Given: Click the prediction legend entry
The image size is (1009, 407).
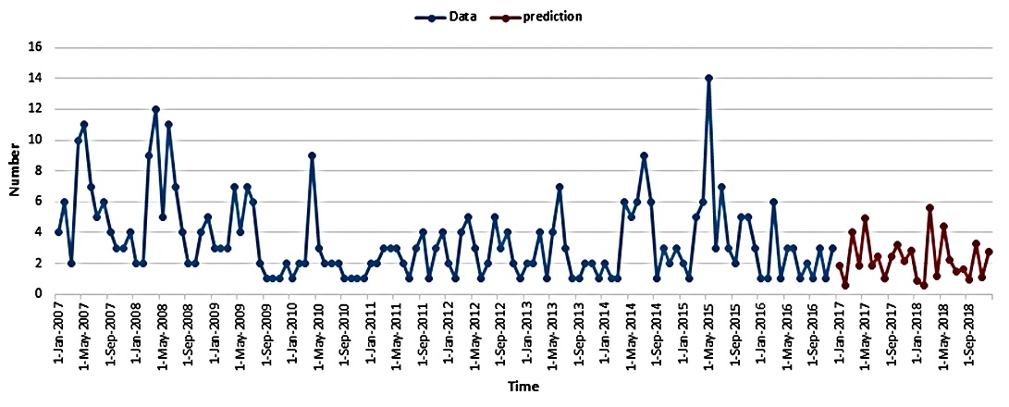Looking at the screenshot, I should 551,16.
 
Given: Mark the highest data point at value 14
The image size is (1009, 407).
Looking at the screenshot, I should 708,78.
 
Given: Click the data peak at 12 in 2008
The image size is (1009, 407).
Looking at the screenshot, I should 155,109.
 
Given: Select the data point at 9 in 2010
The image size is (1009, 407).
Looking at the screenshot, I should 313,155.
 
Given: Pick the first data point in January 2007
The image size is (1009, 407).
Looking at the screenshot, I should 58,232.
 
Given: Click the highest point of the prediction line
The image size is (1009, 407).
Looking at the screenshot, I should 929,208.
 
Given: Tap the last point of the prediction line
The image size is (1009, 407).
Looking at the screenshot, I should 989,252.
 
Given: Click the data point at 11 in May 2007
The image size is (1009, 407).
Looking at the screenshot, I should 84,124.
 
